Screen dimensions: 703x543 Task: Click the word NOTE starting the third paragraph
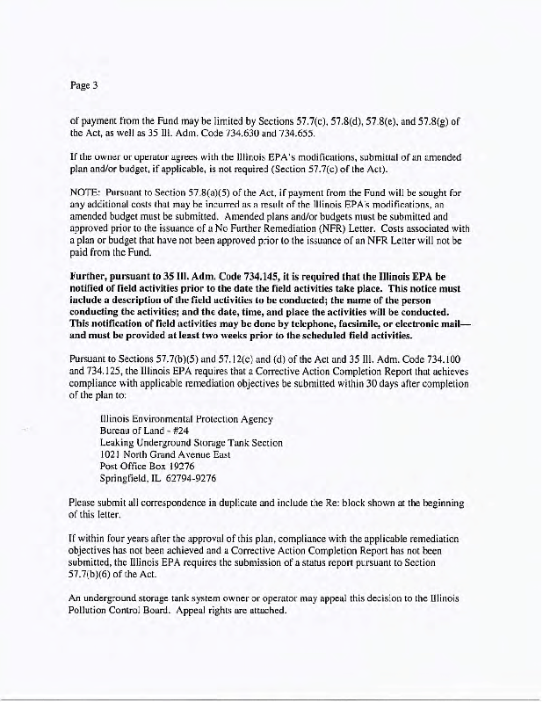point(85,188)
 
